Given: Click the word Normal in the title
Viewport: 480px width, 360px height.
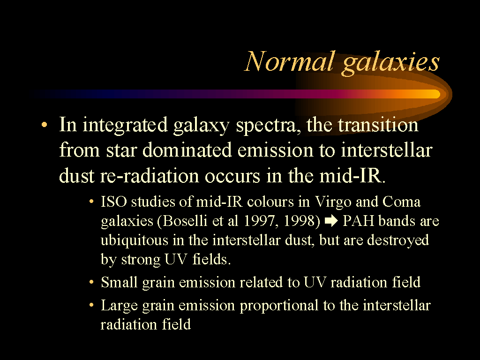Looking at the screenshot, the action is [289, 61].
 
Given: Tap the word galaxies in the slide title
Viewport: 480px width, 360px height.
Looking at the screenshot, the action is [391, 64].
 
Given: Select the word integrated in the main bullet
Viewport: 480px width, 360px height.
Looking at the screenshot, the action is [125, 126].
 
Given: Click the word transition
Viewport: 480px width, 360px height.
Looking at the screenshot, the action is [378, 125].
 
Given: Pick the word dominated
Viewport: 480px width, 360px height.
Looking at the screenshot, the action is [187, 150].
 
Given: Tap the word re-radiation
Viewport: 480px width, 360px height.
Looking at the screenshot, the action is [150, 176].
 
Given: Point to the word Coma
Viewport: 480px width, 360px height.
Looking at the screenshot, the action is [401, 202].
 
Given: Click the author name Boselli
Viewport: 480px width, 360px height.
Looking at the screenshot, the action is [185, 221].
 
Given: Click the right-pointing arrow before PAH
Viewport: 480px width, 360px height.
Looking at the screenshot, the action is [331, 221].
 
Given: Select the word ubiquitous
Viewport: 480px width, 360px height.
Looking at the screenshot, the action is [135, 240].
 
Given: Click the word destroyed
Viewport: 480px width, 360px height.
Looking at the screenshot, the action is [397, 240].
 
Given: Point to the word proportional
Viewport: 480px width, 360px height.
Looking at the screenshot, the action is [279, 306].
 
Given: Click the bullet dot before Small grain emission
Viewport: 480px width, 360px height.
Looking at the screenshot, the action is [91, 282].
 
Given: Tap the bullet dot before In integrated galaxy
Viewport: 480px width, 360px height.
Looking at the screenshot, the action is [45, 125].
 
